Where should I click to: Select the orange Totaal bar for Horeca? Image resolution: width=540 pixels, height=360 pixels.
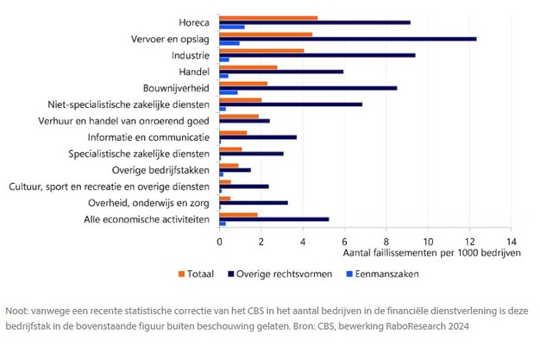click(268, 17)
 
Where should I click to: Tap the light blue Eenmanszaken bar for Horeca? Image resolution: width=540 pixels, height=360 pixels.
click(232, 27)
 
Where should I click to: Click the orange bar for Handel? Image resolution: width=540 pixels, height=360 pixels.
click(248, 66)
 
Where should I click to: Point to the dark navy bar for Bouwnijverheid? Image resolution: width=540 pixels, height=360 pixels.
click(308, 88)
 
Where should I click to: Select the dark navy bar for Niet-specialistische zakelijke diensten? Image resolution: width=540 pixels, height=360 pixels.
click(291, 104)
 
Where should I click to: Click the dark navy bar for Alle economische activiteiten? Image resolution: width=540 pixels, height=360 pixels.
click(274, 219)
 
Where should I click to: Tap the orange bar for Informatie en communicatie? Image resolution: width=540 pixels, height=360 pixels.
click(234, 133)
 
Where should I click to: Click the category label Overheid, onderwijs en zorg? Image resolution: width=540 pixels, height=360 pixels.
click(153, 203)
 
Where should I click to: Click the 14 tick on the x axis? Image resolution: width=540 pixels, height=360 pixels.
click(509, 243)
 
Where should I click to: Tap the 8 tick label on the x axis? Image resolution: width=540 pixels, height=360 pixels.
click(386, 243)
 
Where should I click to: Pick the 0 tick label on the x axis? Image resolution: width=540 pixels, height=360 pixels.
click(220, 243)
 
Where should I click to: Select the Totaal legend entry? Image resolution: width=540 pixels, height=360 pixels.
click(197, 274)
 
